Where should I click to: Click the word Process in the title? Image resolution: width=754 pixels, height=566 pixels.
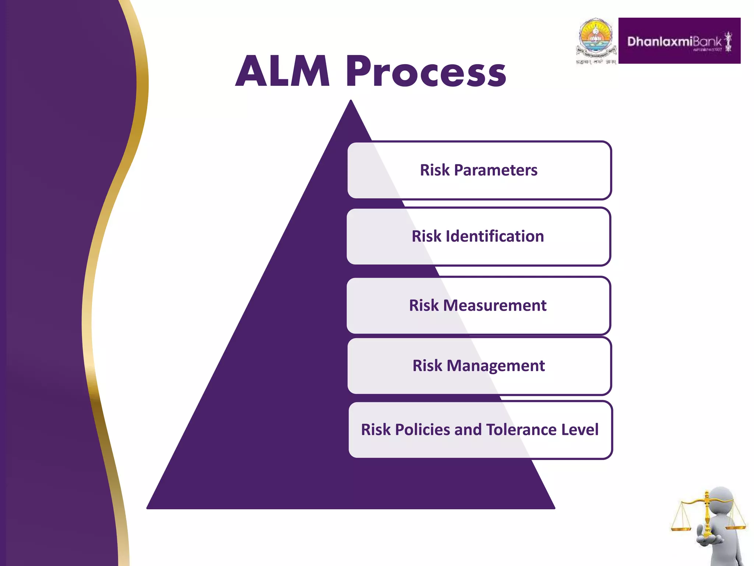pyautogui.click(x=426, y=72)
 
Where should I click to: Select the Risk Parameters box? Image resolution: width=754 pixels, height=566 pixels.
pyautogui.click(x=479, y=170)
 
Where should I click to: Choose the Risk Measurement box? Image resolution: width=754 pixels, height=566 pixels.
pyautogui.click(x=478, y=305)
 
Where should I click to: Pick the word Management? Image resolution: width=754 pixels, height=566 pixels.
pyautogui.click(x=496, y=366)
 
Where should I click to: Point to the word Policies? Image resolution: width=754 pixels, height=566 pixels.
pyautogui.click(x=422, y=430)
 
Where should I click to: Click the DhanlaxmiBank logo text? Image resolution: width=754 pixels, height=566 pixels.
pyautogui.click(x=674, y=42)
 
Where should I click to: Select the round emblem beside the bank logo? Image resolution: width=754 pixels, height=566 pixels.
pyautogui.click(x=596, y=39)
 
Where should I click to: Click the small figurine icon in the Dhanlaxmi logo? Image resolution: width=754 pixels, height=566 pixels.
pyautogui.click(x=728, y=42)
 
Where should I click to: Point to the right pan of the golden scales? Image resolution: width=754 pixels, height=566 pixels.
pyautogui.click(x=736, y=528)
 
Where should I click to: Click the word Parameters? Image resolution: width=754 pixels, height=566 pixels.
pyautogui.click(x=496, y=170)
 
